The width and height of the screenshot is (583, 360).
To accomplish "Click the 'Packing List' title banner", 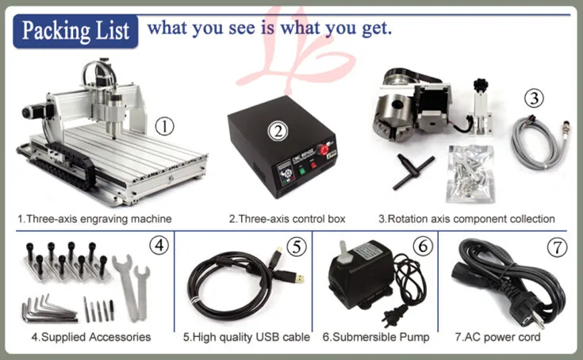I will pyautogui.click(x=76, y=31).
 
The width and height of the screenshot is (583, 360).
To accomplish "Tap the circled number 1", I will pyautogui.click(x=163, y=125).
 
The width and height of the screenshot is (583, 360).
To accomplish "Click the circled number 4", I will pyautogui.click(x=159, y=246).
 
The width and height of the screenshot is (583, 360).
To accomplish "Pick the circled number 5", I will pyautogui.click(x=296, y=247).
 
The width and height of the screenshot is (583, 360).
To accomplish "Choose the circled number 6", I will pyautogui.click(x=423, y=247).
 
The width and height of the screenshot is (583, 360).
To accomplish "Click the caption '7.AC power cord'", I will pyautogui.click(x=497, y=337).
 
